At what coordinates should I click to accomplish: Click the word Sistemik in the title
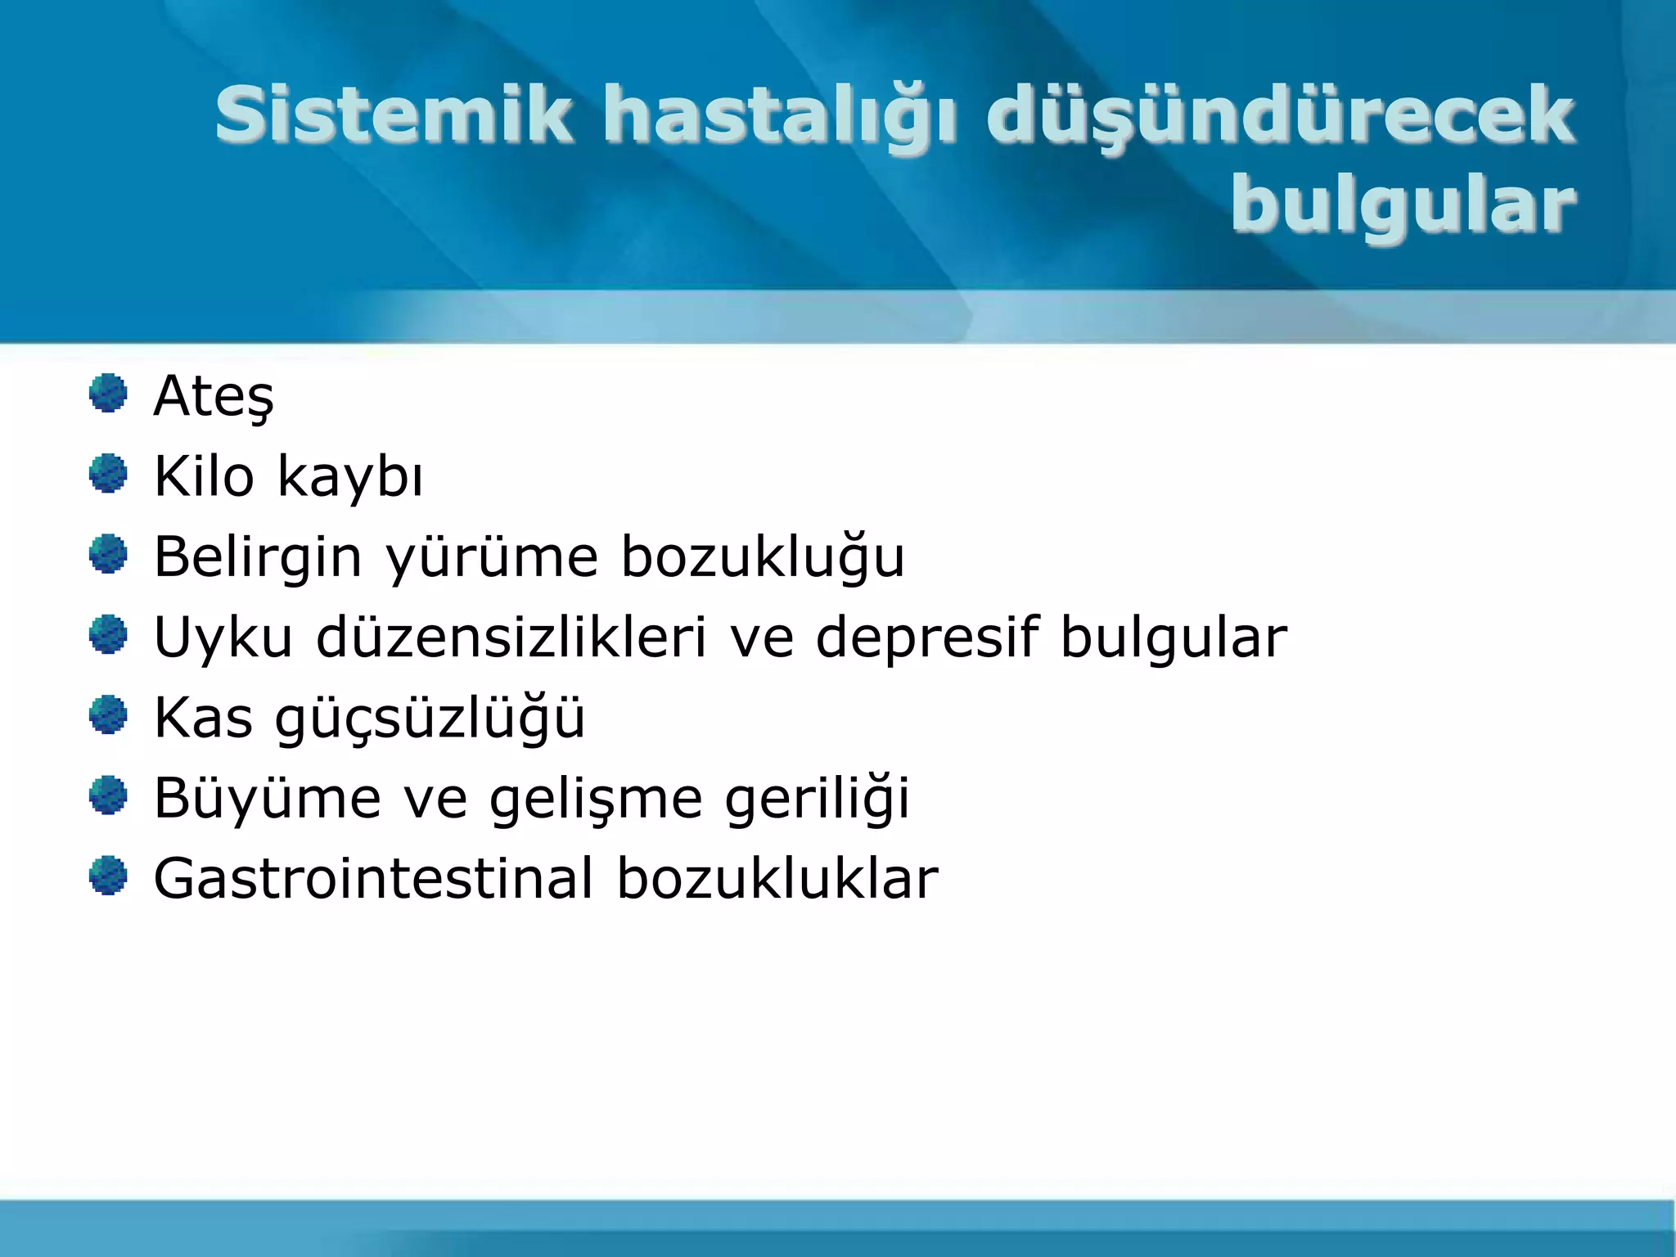coord(393,115)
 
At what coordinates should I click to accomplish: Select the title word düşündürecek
coord(1280,116)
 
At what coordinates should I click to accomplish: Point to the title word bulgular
coord(1403,205)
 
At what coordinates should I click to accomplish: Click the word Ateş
coord(214,397)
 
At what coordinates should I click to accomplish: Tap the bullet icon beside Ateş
coord(108,394)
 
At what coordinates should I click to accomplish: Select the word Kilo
coord(204,475)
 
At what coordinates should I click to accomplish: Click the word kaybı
coord(350,477)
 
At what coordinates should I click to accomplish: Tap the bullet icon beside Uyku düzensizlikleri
coord(108,635)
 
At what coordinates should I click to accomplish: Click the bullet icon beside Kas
coord(108,715)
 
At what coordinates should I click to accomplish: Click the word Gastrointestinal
coord(373,878)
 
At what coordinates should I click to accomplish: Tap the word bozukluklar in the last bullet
coord(777,878)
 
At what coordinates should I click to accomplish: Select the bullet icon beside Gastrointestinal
coord(108,876)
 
